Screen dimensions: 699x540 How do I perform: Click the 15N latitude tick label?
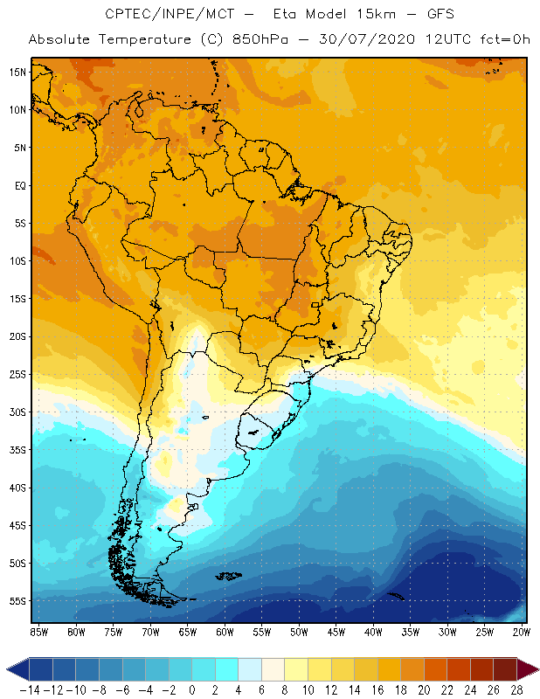pyautogui.click(x=17, y=72)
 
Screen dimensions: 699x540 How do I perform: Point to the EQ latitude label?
pyautogui.click(x=18, y=185)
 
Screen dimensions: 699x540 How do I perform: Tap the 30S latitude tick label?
pyautogui.click(x=17, y=412)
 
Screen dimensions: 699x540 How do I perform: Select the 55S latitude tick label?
pyautogui.click(x=17, y=600)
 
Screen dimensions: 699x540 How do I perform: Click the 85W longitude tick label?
pyautogui.click(x=39, y=632)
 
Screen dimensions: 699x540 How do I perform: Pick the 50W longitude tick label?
pyautogui.click(x=300, y=632)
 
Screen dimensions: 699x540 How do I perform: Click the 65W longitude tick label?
pyautogui.click(x=188, y=632)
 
